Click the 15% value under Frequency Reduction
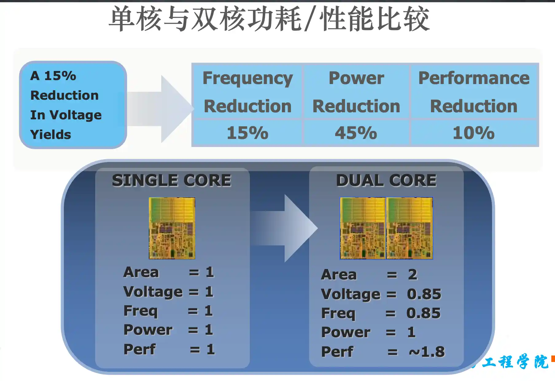pos(247,133)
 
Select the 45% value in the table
pos(356,133)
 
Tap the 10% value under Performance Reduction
pos(474,133)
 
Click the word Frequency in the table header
pos(248,79)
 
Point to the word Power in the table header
pos(356,78)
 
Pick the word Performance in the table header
pos(474,78)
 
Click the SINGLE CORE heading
pos(172,180)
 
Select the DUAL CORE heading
pos(386,180)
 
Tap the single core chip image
pos(172,228)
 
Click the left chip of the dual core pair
pos(363,228)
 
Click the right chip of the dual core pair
pos(409,228)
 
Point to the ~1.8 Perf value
pos(427,352)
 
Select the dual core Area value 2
pos(413,274)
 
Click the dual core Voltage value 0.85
pos(424,294)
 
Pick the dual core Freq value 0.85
pos(423,313)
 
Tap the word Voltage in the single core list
pos(153,292)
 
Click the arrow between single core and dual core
pos(284,228)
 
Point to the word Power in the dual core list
pos(346,332)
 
